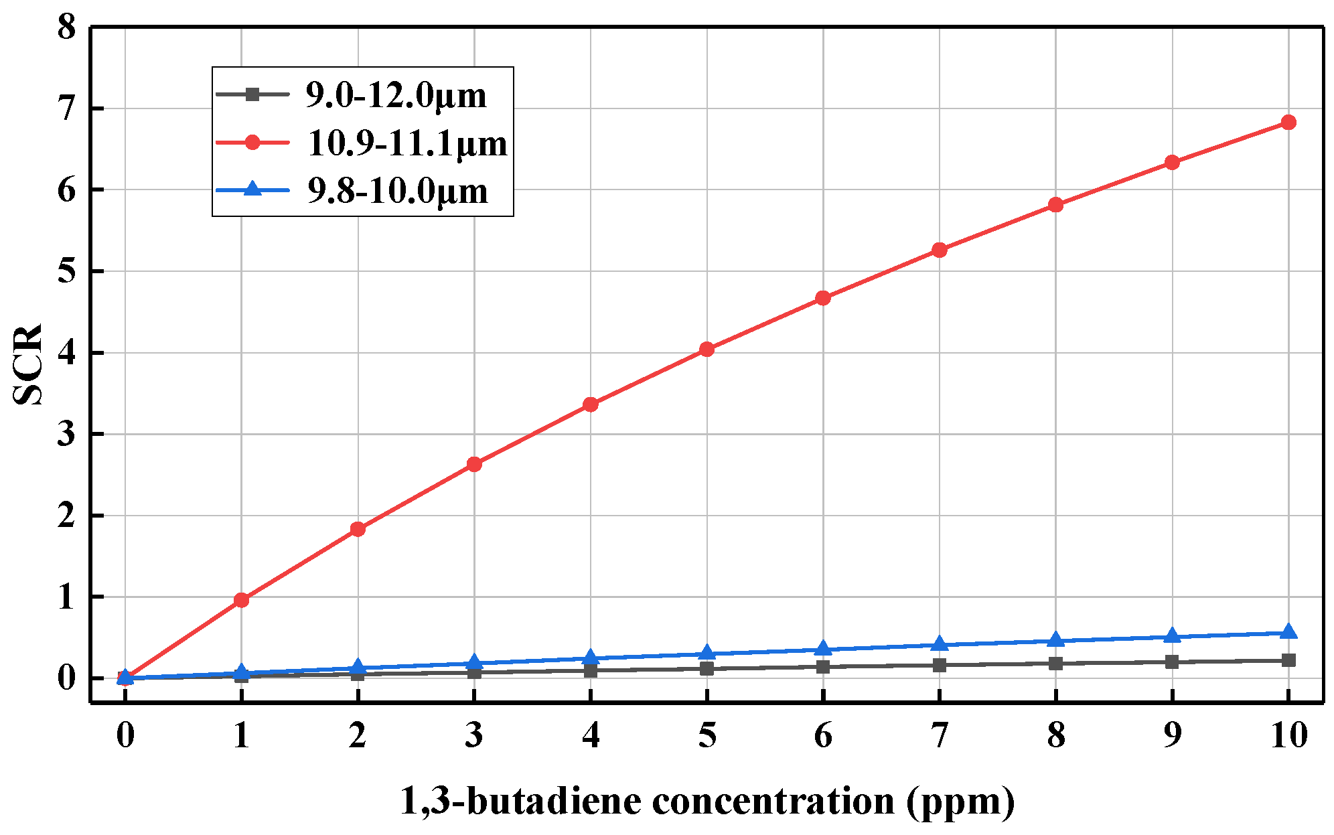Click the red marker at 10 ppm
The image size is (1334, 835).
[x=1288, y=122]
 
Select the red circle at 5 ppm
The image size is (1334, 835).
[x=707, y=349]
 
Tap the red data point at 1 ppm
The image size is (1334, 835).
[x=241, y=600]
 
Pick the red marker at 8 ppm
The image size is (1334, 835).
[x=1055, y=204]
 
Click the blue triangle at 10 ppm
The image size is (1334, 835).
[x=1288, y=633]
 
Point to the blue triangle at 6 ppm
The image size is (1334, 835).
[x=823, y=649]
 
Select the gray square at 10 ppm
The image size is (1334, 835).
[x=1288, y=660]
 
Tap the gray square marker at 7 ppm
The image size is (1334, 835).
[x=939, y=665]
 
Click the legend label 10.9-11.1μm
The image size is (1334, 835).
[x=407, y=143]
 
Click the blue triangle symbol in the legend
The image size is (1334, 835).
[x=252, y=189]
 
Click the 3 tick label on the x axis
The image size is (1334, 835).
[x=474, y=735]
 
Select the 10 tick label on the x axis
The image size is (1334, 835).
[x=1288, y=735]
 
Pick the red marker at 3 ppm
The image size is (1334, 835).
[x=474, y=464]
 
